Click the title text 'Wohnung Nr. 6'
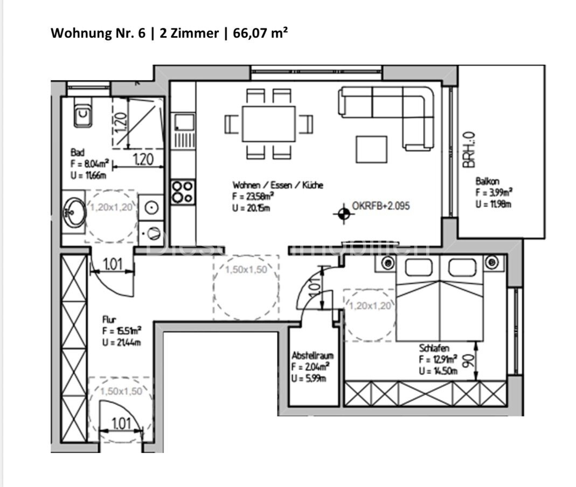coord(97,33)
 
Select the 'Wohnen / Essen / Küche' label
coord(277,185)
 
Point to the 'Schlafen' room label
coord(435,349)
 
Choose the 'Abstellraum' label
coord(313,356)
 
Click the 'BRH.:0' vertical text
coord(470,150)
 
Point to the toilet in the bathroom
coord(81,114)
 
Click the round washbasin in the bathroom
coord(73,210)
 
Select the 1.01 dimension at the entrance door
coord(122,424)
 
